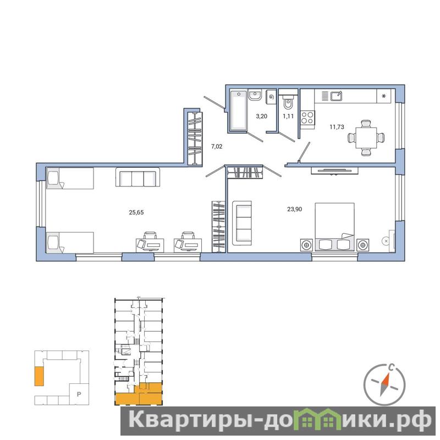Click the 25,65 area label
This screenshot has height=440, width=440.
point(136,212)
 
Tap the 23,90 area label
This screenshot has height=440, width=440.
point(294,209)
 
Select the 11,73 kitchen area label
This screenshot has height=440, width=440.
point(337,127)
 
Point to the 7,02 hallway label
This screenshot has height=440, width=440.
point(217,146)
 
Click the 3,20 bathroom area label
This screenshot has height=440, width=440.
point(262,116)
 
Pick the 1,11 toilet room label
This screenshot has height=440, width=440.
point(288,116)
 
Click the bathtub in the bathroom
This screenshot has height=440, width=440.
point(238,111)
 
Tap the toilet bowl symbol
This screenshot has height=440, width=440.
point(288,102)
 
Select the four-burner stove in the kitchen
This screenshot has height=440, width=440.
point(307,118)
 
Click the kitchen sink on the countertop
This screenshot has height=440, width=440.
point(336,96)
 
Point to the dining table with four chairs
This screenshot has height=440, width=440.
point(366,137)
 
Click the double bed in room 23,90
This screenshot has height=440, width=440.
point(334,227)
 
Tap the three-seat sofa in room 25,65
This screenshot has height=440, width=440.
point(138,177)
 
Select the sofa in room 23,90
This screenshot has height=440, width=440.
point(242,223)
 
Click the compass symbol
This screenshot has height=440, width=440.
point(384,384)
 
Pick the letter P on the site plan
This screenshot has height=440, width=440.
point(79,394)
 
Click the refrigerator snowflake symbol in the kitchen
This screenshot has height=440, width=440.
point(384,96)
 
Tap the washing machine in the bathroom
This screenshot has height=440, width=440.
point(271,97)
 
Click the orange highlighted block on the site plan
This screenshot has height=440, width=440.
point(39,376)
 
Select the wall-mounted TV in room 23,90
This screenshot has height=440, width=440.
point(334,170)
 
